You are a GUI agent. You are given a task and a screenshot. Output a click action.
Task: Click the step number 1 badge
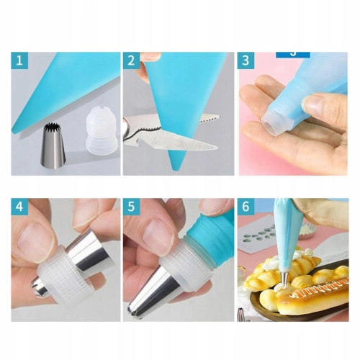(x=19, y=60)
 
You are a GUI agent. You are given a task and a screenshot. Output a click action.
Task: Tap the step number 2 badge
(x=131, y=60)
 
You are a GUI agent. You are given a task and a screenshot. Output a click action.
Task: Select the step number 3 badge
(x=246, y=60)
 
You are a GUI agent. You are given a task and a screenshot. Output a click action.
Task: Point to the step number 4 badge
(x=19, y=207)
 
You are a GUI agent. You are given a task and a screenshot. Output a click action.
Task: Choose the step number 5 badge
(x=131, y=207)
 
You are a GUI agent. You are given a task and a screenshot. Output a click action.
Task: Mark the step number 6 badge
(x=246, y=207)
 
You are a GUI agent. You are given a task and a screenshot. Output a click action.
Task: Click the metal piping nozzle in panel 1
(x=54, y=145)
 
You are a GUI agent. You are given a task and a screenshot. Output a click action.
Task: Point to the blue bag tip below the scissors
(x=178, y=161)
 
